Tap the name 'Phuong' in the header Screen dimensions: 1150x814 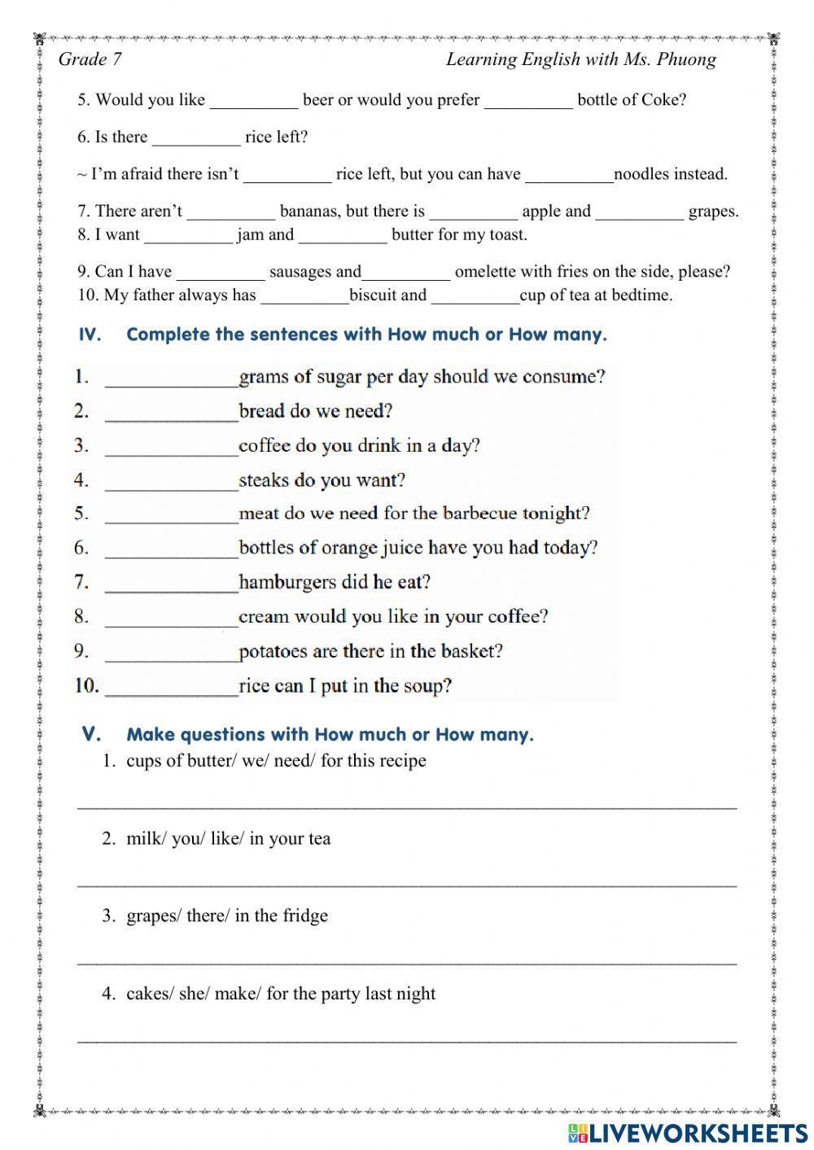click(x=688, y=59)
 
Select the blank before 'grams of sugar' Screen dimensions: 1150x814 click(x=171, y=378)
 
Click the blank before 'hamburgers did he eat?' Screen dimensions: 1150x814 click(x=171, y=584)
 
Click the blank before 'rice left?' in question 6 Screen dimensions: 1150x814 click(x=196, y=138)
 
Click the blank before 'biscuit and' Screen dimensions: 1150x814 click(x=304, y=296)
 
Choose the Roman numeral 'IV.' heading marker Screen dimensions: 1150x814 click(x=90, y=335)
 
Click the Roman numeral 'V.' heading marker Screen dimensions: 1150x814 click(x=92, y=734)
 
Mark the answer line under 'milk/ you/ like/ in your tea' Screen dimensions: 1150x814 click(x=407, y=883)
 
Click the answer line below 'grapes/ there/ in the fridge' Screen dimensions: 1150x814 click(x=407, y=960)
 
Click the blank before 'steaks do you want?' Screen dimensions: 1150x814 click(x=171, y=481)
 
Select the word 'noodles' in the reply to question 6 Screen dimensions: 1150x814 click(x=641, y=174)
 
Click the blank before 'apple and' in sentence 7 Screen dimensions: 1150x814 click(x=473, y=212)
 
